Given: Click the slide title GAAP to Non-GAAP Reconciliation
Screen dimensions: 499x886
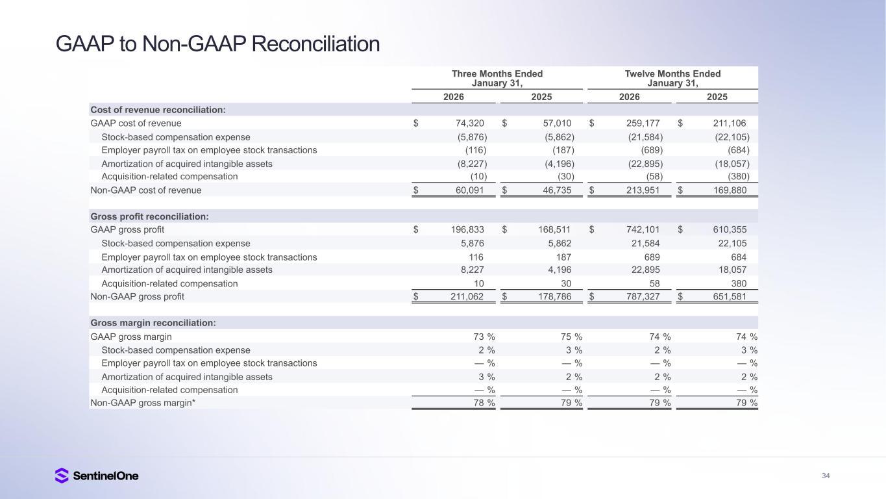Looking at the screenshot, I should coord(217,44).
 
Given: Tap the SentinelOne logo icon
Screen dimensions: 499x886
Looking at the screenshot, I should coord(62,476).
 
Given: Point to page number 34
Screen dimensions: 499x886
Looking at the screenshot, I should coord(826,476).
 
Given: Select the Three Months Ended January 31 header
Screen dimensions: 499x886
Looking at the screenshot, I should coord(497,78).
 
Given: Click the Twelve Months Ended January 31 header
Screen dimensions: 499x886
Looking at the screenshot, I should coord(672,78).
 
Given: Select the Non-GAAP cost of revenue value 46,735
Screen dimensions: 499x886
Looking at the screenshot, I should coord(556,190).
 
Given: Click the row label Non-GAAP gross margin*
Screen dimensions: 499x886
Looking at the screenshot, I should coord(143,403).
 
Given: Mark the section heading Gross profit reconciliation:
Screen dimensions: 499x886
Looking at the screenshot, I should coord(149,216).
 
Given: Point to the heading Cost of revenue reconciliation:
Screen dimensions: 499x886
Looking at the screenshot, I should coord(158,110).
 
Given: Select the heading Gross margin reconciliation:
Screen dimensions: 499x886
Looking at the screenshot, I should coord(153,323).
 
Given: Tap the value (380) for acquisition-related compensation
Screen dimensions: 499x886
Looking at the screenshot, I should coord(738,177).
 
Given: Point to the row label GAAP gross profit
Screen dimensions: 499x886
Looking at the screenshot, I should coord(127,229).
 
